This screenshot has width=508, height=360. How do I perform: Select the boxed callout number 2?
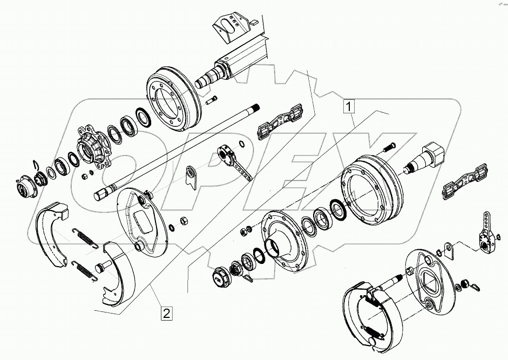coord(166,313)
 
